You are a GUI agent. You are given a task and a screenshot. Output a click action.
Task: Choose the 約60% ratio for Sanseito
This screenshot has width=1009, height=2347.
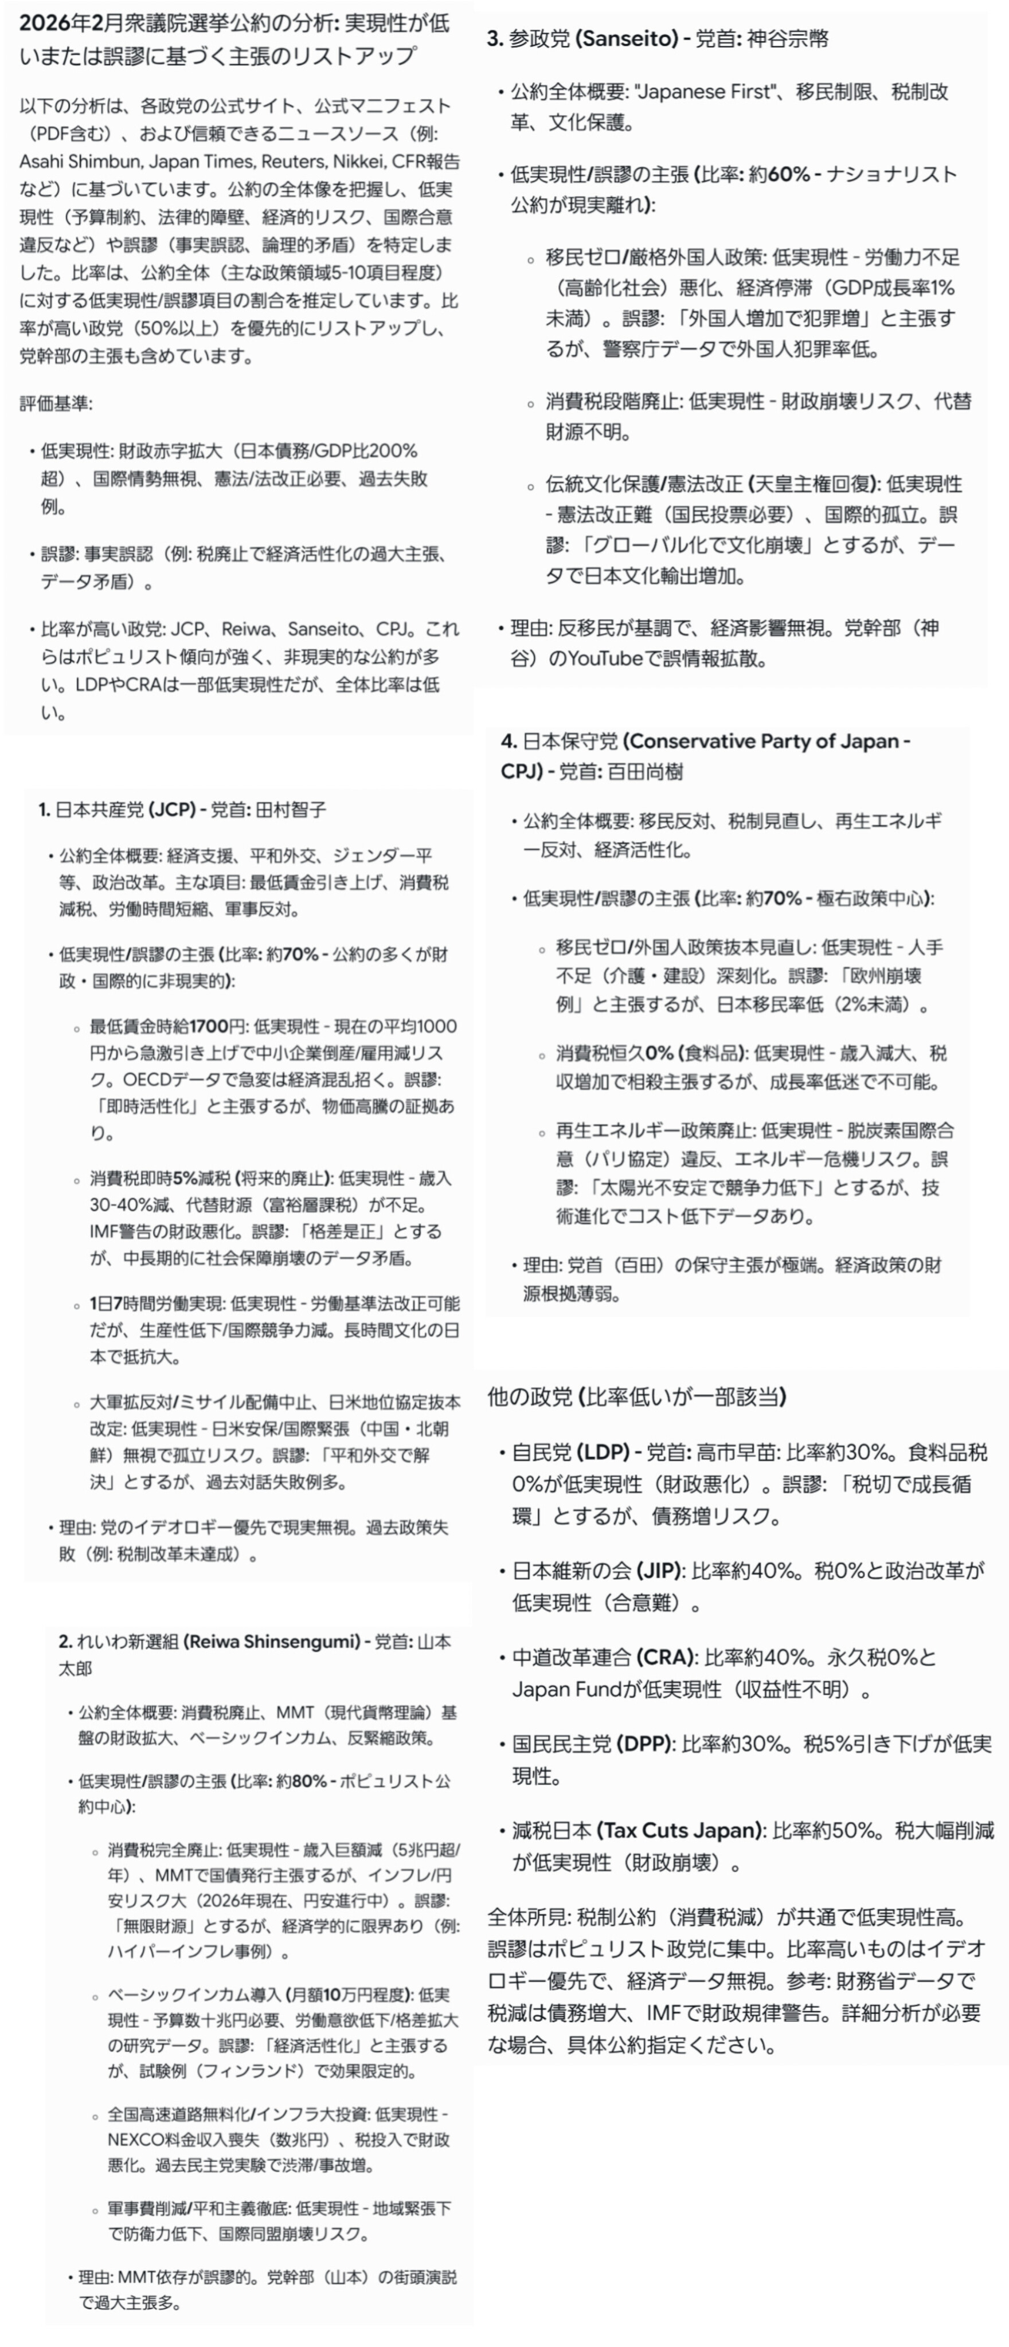tap(779, 174)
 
